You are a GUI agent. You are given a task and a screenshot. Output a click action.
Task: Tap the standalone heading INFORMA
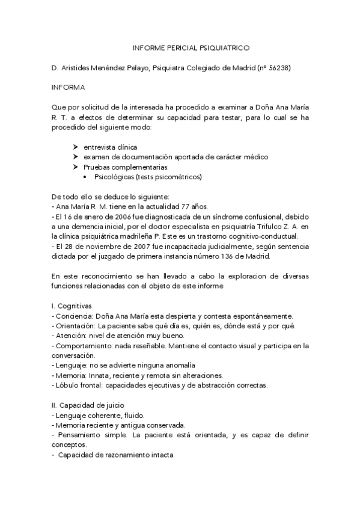point(69,87)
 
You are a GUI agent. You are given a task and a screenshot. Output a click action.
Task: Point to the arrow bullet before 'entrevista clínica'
point(75,147)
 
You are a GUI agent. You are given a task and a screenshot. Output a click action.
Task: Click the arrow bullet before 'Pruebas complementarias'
point(75,167)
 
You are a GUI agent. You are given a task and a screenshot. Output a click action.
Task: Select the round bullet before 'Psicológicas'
point(87,177)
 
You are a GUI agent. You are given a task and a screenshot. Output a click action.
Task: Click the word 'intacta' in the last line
point(161,455)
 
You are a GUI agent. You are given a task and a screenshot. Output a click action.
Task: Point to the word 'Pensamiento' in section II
point(82,434)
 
